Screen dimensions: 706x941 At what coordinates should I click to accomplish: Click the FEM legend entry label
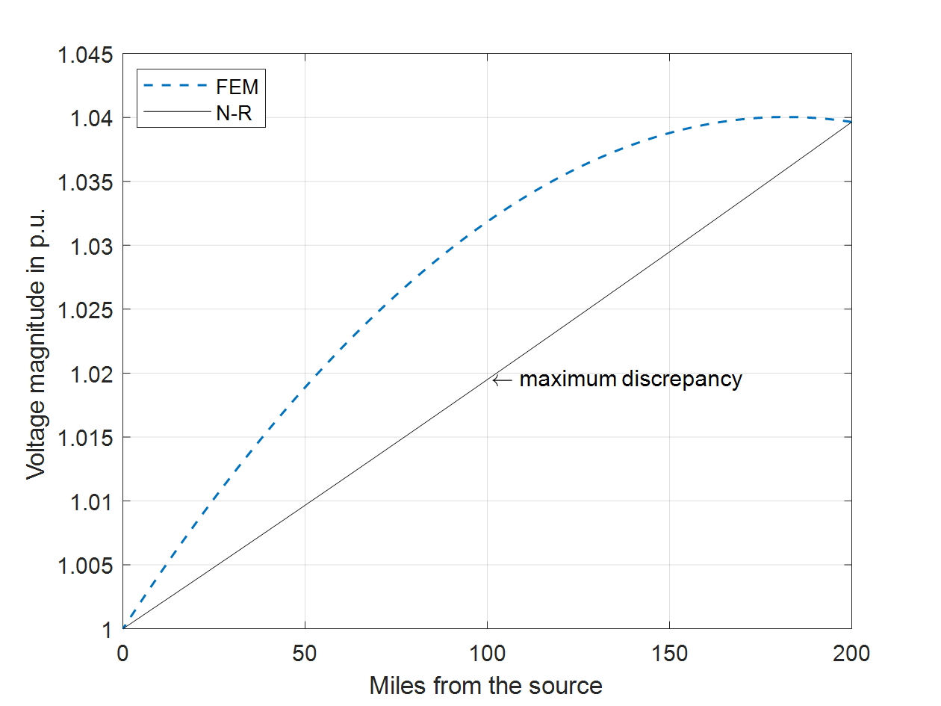242,87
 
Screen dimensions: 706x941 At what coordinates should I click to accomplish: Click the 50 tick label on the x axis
305,654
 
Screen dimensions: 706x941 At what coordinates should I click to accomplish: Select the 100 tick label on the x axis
487,654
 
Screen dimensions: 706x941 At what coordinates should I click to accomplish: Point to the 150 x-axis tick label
669,654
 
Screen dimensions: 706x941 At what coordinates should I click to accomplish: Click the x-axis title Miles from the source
485,685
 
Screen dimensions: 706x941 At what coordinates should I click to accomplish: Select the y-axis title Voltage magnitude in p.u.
35,341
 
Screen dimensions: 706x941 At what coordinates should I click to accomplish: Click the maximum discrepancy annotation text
630,380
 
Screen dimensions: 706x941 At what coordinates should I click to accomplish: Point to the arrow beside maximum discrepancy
502,380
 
